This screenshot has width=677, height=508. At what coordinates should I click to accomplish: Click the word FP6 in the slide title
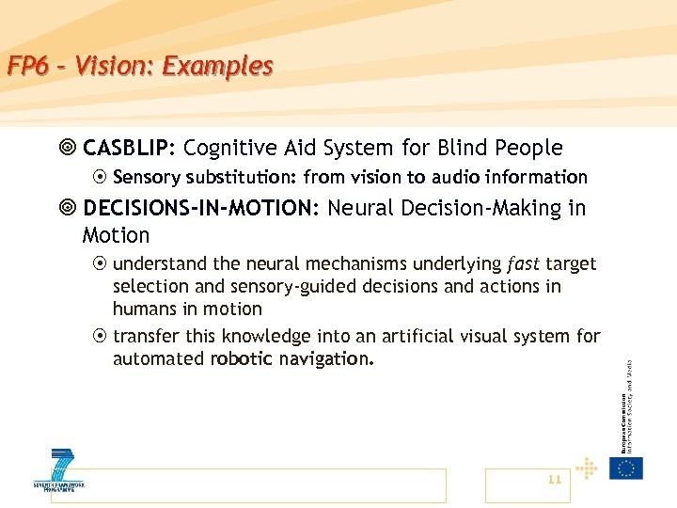25,67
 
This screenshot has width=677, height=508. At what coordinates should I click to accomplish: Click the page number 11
554,480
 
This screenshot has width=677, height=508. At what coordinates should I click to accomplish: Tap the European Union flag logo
626,468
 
